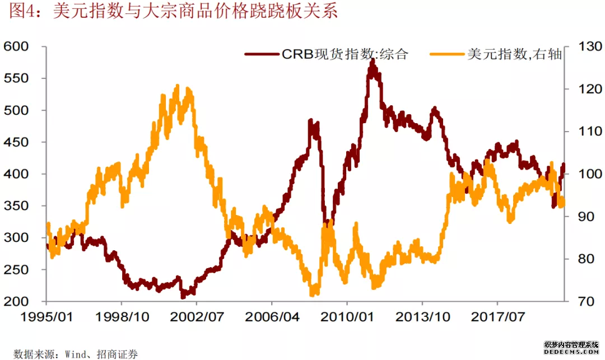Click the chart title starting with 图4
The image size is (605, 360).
pos(173,13)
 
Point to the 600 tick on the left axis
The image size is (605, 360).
pos(16,46)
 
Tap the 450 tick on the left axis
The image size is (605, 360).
pos(16,143)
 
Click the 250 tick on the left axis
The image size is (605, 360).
pos(16,270)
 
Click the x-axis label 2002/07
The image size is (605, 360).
pos(197,317)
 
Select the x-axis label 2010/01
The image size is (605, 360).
pos(346,317)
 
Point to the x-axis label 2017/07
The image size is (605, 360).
pos(497,317)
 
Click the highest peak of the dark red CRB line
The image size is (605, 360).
pos(372,60)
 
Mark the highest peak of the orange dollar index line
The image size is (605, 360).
pos(178,86)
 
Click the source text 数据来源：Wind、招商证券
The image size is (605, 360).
pos(76,353)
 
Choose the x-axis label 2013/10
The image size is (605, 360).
pos(422,317)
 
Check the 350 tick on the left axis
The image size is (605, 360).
pos(16,206)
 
